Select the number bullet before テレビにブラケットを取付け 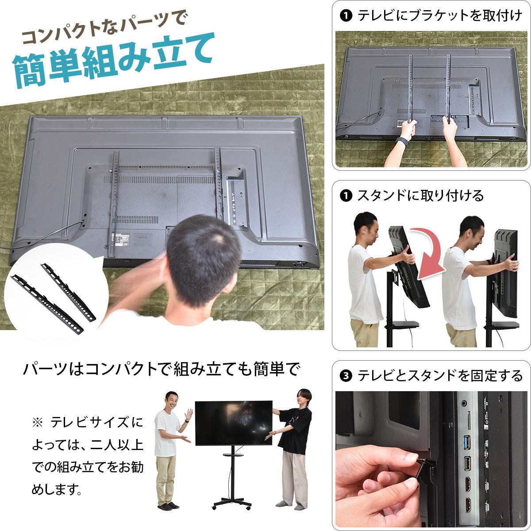346,15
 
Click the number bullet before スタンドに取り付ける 346,196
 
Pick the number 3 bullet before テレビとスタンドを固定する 346,376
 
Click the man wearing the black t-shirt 293,448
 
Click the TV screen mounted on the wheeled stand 234,423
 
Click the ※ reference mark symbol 37,422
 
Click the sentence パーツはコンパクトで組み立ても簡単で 161,369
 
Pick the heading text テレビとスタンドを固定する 440,376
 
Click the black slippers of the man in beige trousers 168,506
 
